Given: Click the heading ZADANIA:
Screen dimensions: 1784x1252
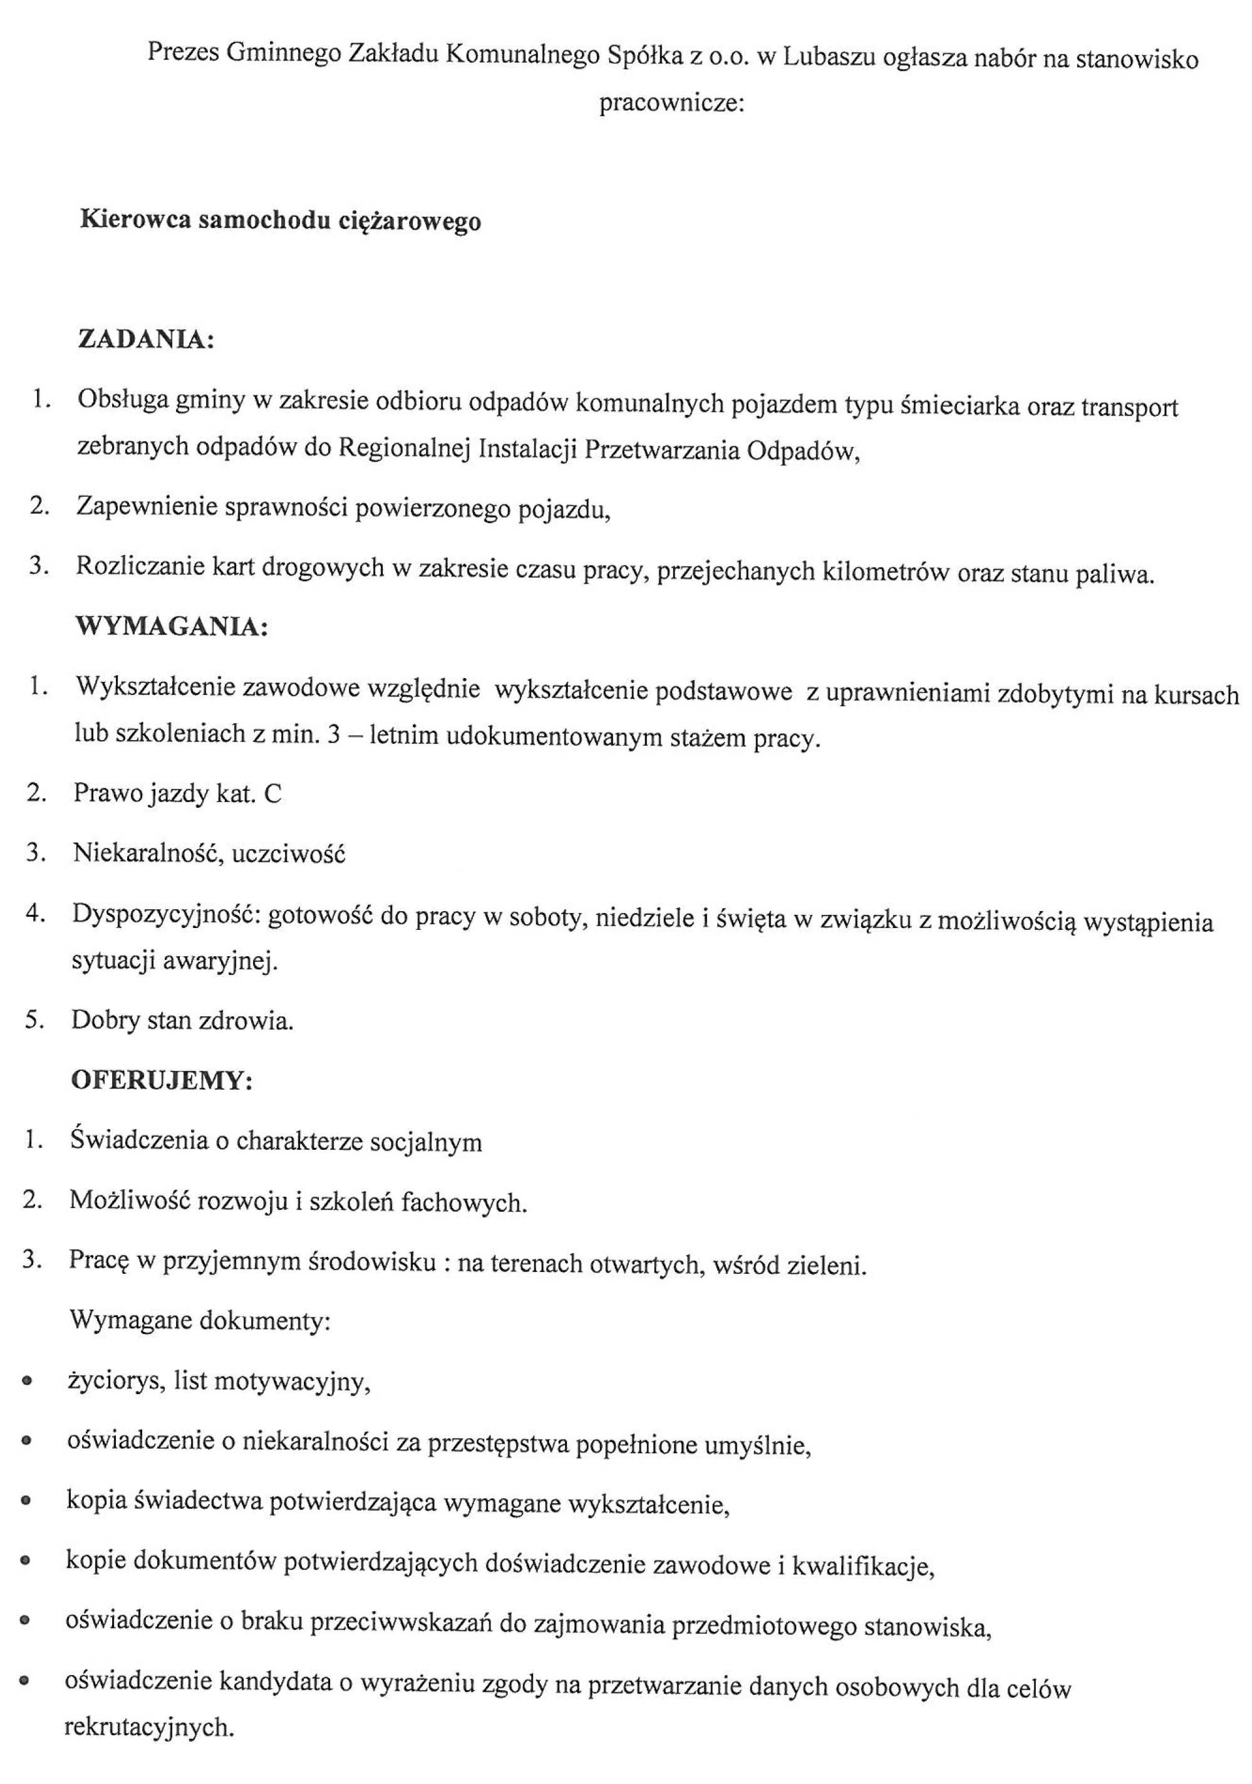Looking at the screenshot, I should coord(146,340).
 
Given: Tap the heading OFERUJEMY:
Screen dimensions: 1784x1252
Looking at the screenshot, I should coord(162,1080).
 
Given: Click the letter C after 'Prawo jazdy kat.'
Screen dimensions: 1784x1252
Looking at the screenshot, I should coord(272,793).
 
